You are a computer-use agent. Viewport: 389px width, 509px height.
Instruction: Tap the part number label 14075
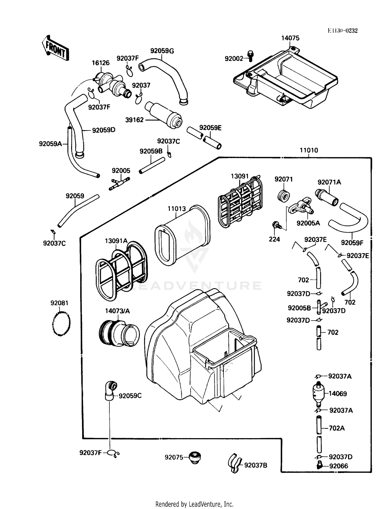[290, 38]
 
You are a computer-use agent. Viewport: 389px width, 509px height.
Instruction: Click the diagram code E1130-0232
[343, 31]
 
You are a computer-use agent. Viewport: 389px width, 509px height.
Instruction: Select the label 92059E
[210, 128]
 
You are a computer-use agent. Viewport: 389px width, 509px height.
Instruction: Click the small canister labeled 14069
[318, 394]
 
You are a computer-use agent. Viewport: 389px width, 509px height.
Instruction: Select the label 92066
[339, 466]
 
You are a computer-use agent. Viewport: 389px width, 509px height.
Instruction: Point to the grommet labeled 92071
[283, 196]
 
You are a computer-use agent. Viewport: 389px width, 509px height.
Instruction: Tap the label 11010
[309, 150]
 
